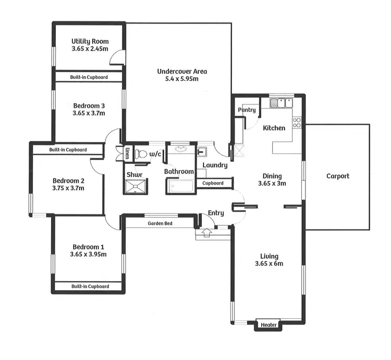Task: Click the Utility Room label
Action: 89,41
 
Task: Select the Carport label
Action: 337,176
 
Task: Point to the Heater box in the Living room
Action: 269,325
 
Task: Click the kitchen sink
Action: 282,103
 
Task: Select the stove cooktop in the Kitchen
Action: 297,123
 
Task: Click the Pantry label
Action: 247,110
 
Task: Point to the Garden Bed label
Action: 160,223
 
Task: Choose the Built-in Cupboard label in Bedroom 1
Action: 90,286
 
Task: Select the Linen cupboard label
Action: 128,153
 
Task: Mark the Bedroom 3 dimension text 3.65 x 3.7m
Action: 89,113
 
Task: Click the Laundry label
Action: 215,165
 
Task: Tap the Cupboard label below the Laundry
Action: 213,183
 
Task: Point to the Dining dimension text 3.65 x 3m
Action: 272,184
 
